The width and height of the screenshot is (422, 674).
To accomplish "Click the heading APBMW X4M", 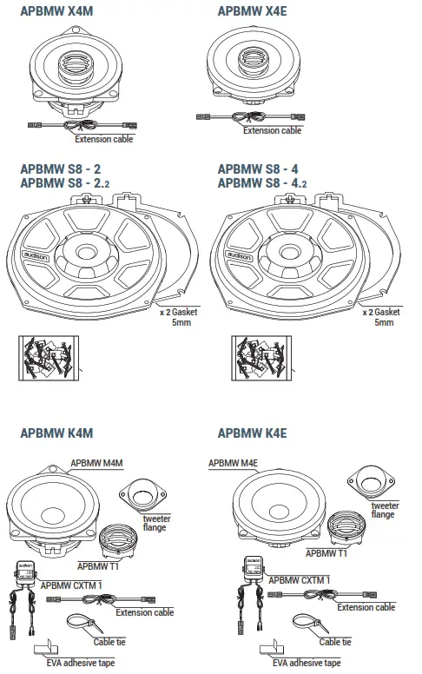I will click(56, 11).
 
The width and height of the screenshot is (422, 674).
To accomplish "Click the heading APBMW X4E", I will click(253, 11).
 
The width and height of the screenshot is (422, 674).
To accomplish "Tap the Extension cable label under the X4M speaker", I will click(104, 138).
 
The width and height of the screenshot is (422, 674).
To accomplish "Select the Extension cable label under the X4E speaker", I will click(273, 130).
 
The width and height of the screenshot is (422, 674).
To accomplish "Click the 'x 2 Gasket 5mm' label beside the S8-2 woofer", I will click(180, 315).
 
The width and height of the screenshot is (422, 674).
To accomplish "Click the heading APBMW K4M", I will click(56, 433).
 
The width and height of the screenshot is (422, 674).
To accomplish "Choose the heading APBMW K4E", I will click(253, 433).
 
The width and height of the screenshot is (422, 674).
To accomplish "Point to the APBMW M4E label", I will click(234, 463).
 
